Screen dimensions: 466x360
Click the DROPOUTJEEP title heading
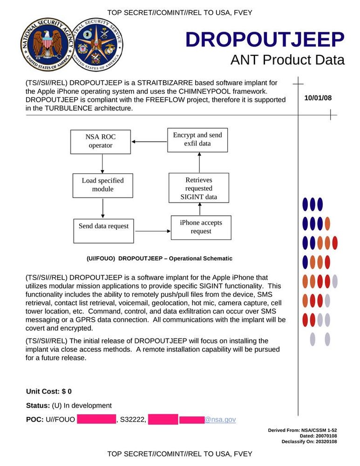[265, 40]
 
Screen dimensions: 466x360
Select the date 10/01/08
[318, 98]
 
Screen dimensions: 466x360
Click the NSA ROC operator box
[101, 142]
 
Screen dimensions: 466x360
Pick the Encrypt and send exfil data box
[197, 139]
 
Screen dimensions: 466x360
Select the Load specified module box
[102, 185]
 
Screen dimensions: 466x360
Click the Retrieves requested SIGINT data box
[199, 189]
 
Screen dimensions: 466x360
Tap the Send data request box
[103, 226]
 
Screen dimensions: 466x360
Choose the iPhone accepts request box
[201, 227]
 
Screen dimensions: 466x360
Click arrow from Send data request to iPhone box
[152, 231]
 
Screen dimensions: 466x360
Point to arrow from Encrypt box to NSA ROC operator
[149, 142]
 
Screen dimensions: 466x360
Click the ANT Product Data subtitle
[287, 60]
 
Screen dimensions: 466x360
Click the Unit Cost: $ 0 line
[49, 391]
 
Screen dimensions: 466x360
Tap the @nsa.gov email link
[220, 420]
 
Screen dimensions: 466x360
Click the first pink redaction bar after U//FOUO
[96, 419]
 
